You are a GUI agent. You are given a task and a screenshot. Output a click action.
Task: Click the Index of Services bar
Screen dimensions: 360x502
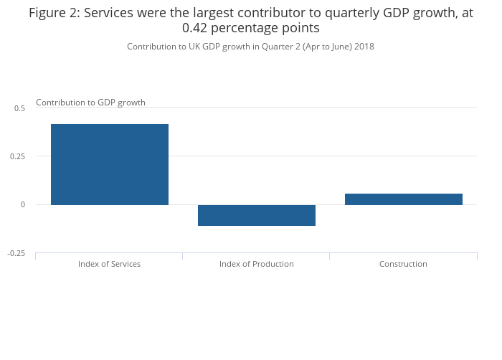(x=110, y=164)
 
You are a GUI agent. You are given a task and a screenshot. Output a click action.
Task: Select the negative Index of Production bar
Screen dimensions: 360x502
(x=257, y=215)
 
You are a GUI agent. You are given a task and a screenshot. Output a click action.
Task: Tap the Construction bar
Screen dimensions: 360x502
(x=404, y=199)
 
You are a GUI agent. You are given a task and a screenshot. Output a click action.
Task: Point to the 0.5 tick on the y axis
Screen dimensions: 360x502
(x=19, y=108)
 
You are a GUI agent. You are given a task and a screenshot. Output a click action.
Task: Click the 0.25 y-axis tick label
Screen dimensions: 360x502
(x=18, y=156)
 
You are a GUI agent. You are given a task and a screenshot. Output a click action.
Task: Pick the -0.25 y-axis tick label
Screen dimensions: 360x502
(x=16, y=253)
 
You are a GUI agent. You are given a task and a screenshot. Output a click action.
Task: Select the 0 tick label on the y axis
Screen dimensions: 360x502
(x=23, y=205)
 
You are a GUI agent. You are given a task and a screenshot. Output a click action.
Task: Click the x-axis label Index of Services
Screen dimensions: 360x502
(x=109, y=264)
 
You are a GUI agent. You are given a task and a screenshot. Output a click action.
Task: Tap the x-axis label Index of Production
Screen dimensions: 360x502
(x=256, y=264)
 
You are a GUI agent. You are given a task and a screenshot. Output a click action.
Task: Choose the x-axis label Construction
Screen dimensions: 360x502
(x=403, y=264)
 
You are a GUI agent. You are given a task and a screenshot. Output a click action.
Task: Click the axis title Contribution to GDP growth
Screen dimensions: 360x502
(x=90, y=103)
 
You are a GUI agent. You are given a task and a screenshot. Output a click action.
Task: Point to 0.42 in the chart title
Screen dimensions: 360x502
(x=196, y=29)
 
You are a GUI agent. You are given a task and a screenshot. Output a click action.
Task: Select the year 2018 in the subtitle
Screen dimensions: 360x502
(x=364, y=47)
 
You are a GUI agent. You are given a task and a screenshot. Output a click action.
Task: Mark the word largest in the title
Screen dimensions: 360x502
(x=219, y=13)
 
